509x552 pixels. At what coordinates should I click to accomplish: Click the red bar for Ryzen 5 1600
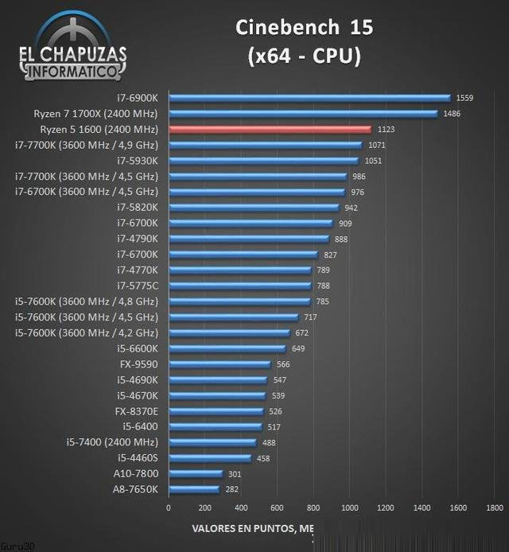270,129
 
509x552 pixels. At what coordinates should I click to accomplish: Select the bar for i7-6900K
309,98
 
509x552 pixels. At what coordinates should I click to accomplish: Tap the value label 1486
452,114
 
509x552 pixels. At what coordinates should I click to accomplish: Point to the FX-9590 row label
139,364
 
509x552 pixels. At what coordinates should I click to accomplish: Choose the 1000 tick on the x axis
349,507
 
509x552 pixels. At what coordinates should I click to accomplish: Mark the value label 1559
464,98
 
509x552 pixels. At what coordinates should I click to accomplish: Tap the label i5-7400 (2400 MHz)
112,442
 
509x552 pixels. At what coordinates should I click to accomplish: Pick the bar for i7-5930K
263,161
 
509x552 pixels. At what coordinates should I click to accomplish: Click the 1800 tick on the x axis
494,507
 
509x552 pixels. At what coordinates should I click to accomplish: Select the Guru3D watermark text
12,546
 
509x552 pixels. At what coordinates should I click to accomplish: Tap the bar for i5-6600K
227,348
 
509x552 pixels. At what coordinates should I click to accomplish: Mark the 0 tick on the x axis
168,507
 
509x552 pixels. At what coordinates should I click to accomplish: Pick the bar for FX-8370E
216,411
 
